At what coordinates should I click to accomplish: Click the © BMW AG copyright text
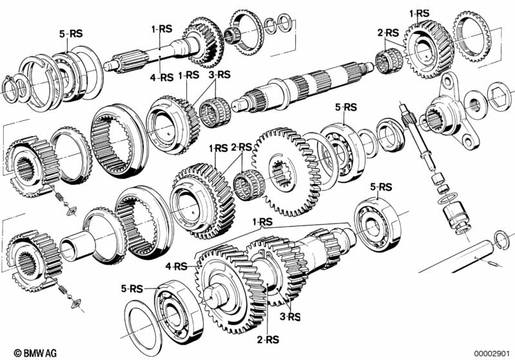(x=35, y=353)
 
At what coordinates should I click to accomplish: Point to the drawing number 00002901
(x=492, y=354)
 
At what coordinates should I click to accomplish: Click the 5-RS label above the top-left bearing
(x=71, y=33)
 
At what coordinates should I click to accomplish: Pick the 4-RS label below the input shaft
(x=161, y=77)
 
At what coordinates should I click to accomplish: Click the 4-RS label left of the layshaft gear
(x=176, y=266)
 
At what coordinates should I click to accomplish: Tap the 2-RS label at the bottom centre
(x=267, y=339)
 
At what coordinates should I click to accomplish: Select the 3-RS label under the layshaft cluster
(x=290, y=317)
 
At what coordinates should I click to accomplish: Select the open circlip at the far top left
(x=10, y=90)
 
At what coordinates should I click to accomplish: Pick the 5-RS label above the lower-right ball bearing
(x=381, y=187)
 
